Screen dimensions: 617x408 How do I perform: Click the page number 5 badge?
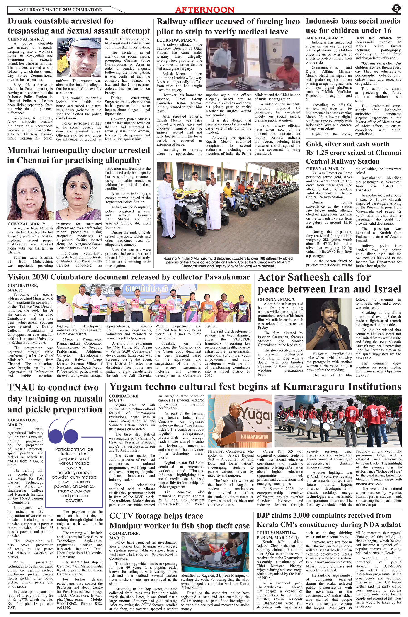(x=396, y=9)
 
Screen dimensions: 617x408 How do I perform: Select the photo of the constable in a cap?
(x=79, y=57)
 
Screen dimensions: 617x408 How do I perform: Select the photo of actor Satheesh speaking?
(x=330, y=324)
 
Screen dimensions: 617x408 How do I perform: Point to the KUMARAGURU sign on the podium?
(x=255, y=437)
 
